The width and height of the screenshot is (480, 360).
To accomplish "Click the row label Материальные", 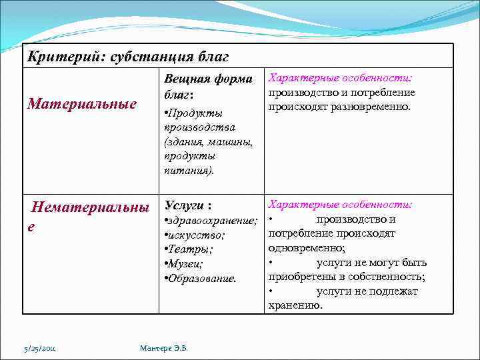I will [81, 104].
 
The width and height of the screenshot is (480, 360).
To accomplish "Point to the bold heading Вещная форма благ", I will [207, 87].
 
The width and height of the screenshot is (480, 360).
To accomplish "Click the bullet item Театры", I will [190, 249].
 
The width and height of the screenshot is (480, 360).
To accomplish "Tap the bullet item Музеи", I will [186, 263].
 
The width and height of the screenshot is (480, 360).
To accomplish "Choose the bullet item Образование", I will [202, 278].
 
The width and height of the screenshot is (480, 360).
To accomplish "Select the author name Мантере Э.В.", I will [164, 347].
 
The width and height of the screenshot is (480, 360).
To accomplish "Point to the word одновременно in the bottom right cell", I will [305, 248].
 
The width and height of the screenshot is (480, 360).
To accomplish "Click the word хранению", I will [295, 305].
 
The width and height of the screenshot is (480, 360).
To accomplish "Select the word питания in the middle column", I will [187, 170].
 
